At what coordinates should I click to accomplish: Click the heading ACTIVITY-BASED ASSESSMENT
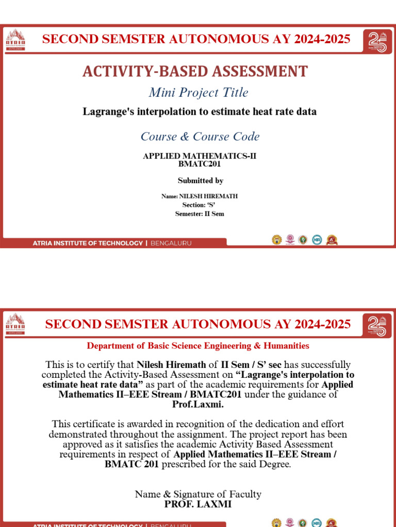195,72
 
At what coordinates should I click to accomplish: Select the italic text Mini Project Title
199,93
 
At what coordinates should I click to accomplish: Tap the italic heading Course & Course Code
200,136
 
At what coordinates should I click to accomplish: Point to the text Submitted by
200,181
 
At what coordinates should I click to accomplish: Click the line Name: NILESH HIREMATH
200,196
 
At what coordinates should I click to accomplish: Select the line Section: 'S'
199,205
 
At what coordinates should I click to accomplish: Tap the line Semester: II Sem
200,214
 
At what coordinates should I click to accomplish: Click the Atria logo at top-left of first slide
15,40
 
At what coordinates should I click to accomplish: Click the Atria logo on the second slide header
15,324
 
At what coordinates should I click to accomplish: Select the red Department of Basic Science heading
198,346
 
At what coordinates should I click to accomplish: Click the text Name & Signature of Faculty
198,494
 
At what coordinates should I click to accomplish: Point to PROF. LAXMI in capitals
198,504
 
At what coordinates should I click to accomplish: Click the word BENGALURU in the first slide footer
171,243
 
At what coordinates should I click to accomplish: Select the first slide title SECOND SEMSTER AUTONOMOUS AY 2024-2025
196,39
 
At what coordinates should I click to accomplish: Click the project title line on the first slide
200,112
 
